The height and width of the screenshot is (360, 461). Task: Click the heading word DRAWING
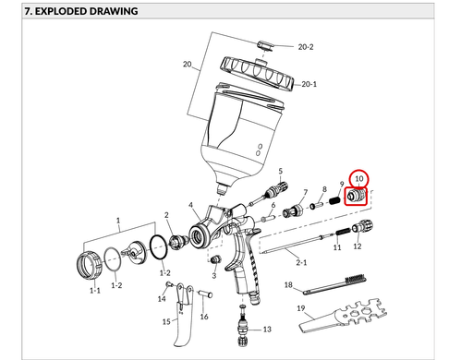(114, 11)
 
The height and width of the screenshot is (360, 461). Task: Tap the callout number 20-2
(306, 47)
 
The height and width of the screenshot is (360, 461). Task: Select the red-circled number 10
(359, 178)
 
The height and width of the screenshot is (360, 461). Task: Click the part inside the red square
(356, 196)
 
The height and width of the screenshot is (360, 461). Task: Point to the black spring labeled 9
(334, 200)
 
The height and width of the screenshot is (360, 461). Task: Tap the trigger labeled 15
(182, 320)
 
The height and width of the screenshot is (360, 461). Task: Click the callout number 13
(267, 330)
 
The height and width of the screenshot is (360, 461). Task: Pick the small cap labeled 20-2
(265, 45)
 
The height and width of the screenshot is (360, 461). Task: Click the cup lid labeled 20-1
(257, 73)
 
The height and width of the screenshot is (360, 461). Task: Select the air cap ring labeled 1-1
(90, 265)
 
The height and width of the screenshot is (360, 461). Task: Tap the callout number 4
(190, 205)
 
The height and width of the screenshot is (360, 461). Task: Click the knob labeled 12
(362, 226)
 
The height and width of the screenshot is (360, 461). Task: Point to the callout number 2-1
(301, 262)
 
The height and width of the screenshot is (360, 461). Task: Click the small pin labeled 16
(205, 294)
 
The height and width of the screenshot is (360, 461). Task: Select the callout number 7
(305, 192)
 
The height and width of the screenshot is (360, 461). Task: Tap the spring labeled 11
(342, 232)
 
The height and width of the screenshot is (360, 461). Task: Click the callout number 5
(280, 171)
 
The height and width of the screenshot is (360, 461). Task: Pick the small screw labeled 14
(169, 284)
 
